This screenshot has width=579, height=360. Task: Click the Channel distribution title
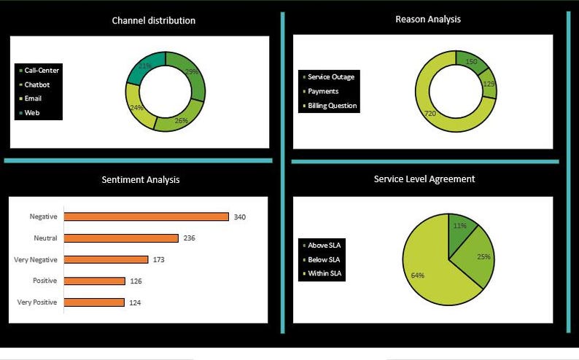153,20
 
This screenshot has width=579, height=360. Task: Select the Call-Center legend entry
42,70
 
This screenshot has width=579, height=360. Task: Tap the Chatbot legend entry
36,85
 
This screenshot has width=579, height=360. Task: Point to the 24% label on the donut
136,107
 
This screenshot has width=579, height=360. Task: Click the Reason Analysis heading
427,19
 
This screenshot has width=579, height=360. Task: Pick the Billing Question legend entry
332,106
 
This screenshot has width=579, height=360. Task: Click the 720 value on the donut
430,114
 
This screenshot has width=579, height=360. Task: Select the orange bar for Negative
147,216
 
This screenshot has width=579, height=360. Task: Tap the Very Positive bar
94,302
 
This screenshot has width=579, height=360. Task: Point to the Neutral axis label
45,238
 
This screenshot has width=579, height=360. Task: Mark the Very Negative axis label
36,259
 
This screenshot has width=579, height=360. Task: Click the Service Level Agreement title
424,179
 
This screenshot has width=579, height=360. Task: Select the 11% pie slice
459,227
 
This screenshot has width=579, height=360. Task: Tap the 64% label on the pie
418,275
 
